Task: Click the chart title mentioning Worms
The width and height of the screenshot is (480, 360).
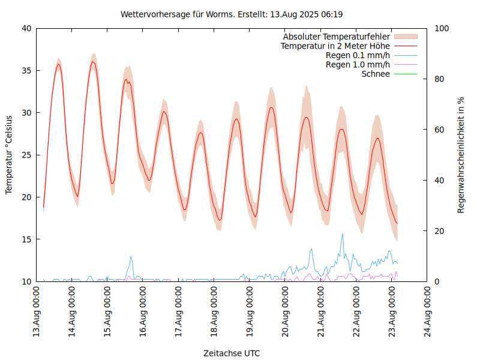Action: (232, 14)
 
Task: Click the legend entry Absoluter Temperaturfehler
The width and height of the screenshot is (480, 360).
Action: (337, 36)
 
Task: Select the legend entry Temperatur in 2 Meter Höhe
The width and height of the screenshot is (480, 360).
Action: (335, 46)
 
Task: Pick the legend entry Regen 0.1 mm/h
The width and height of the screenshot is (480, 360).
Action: (358, 55)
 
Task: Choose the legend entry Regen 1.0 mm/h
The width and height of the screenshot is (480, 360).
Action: (358, 65)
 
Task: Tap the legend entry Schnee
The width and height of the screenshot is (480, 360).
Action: (376, 74)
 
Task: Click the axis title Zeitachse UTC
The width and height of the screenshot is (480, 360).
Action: (232, 353)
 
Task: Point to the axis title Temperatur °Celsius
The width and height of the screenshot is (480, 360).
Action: (9, 155)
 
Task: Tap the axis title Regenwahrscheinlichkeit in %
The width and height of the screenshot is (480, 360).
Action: (461, 155)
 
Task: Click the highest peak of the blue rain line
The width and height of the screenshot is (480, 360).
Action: (343, 234)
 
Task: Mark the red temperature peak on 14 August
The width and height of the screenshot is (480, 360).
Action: (93, 61)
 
